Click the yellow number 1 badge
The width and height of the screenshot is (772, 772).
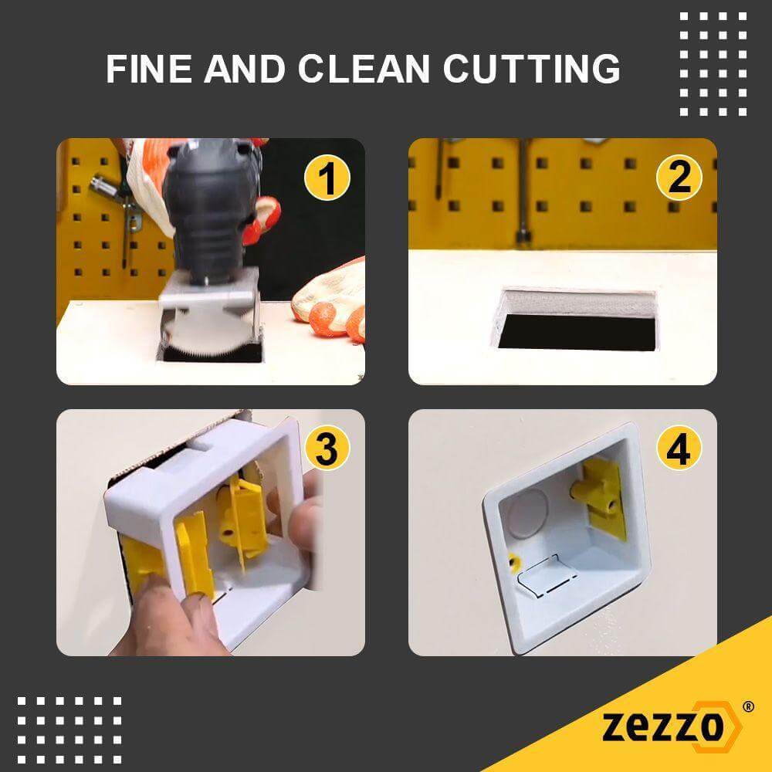tap(327, 178)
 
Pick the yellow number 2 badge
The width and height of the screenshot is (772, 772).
tap(679, 178)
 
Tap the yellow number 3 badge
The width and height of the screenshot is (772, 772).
tap(327, 449)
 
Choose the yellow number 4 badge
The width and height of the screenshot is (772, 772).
tap(679, 449)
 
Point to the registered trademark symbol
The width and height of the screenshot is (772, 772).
tap(747, 706)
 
